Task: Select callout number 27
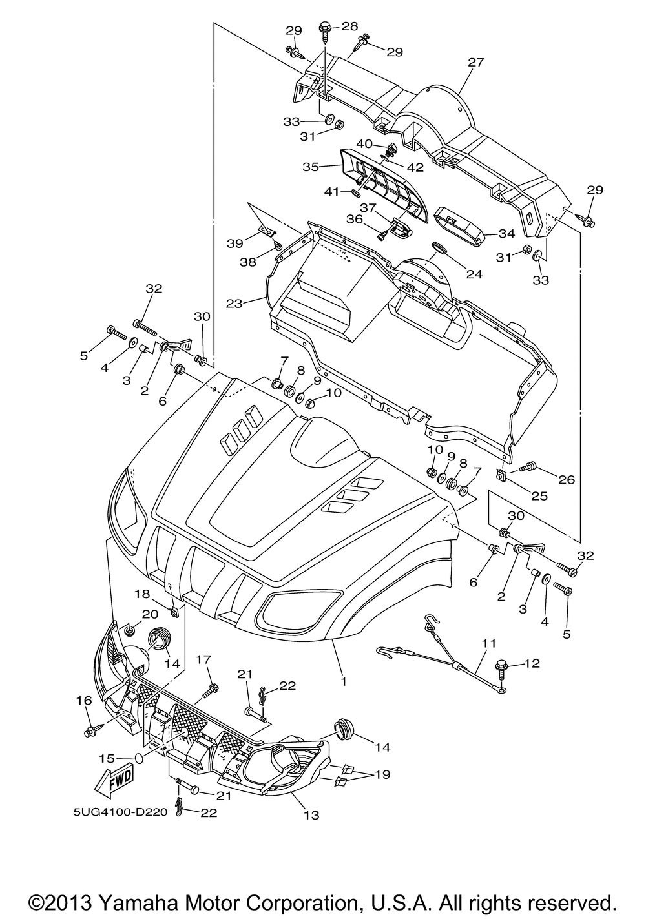coord(475,63)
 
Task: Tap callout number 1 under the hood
coord(344,681)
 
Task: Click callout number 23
coord(234,304)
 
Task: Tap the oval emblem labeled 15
coord(140,758)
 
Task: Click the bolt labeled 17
coord(211,690)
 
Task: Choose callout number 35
coord(311,167)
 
